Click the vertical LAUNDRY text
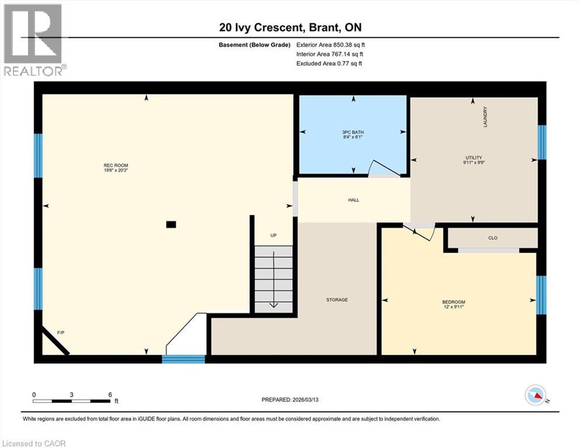coord(485,117)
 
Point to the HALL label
coord(353,200)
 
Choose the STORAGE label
coord(337,300)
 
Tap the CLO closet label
coord(492,238)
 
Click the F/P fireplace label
coord(60,332)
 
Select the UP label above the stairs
coord(273,236)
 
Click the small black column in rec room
coord(171,224)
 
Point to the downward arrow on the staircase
coord(273,303)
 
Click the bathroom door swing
coord(384,169)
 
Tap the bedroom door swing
coord(422,232)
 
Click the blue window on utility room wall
coord(541,142)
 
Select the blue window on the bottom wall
coord(183,359)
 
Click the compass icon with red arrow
coord(535,395)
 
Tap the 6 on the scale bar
coord(110,394)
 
